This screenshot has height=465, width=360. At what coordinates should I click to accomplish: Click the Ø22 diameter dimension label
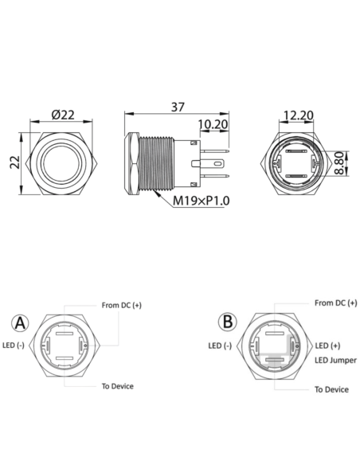coord(63,114)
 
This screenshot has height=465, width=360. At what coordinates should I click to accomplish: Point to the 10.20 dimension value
coord(213,124)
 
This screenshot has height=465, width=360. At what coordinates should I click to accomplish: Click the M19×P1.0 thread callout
coord(202,201)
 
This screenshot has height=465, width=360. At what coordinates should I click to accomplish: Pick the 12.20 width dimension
coord(297,115)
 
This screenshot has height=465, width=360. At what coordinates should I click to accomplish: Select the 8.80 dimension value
coord(340,162)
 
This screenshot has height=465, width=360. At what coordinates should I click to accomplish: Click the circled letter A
coord(21,323)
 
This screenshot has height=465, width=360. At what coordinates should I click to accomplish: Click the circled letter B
coord(229,322)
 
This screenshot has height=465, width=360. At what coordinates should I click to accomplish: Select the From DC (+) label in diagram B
coord(335,303)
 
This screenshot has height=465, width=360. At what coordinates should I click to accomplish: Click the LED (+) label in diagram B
coord(328,345)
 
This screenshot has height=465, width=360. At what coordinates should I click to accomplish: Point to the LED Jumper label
coord(335,361)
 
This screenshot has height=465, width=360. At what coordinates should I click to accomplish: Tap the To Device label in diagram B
coord(331,389)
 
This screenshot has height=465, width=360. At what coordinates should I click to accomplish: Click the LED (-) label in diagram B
coord(220,346)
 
